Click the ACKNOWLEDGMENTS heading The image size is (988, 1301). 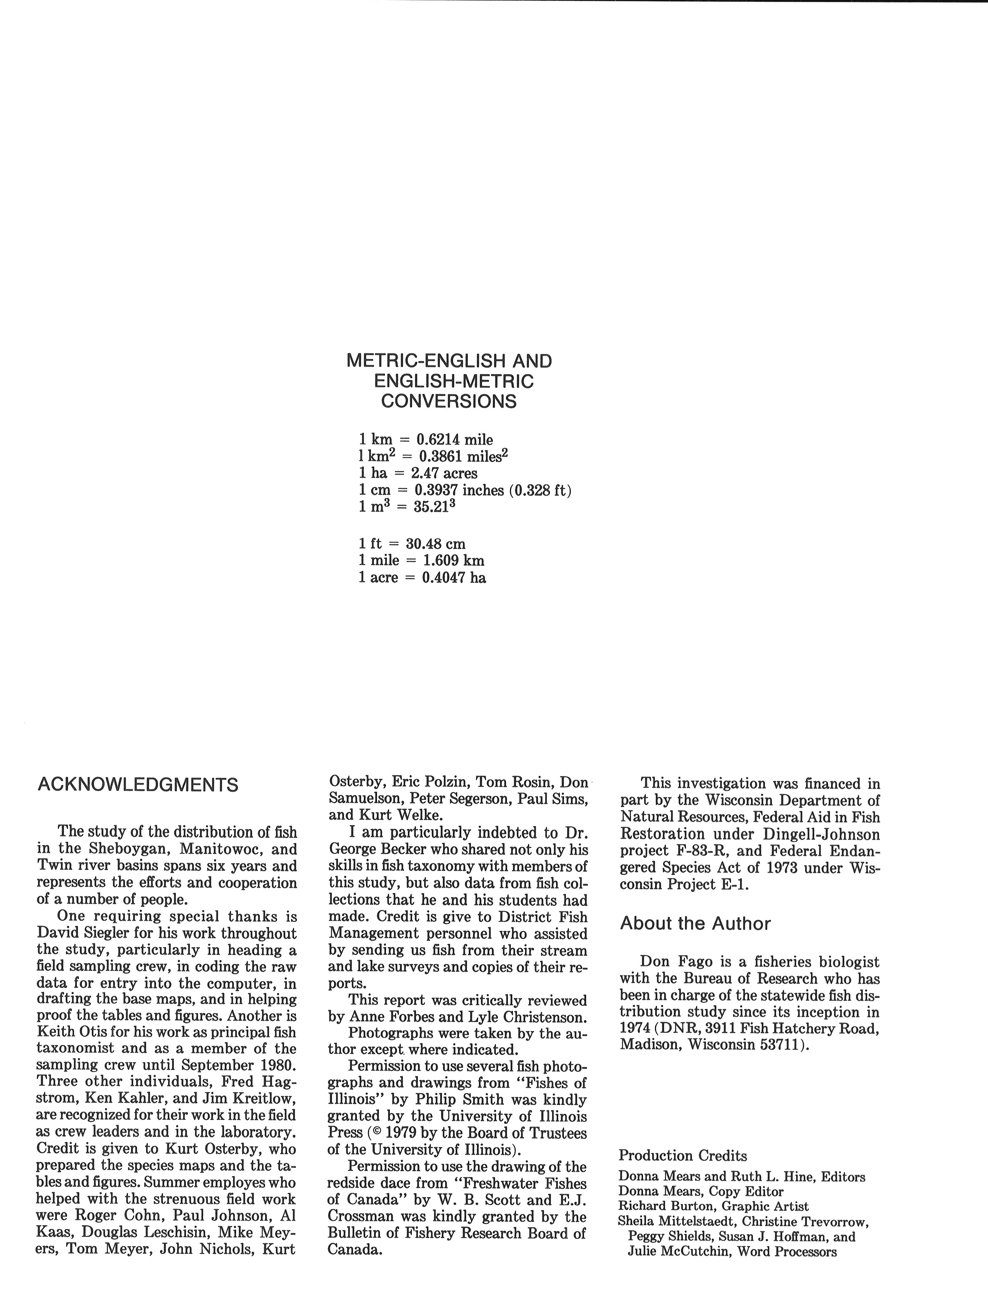pos(138,785)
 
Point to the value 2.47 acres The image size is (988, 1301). pos(444,473)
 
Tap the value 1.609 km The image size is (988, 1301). pos(453,560)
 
